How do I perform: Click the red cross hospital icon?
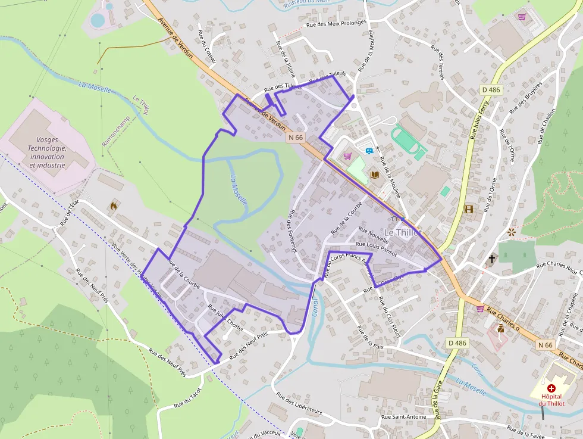(551, 388)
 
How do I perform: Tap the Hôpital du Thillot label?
(551, 399)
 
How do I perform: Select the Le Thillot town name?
(402, 232)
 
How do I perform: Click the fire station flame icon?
(113, 206)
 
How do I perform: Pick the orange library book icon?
(375, 175)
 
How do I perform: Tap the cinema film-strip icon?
(469, 209)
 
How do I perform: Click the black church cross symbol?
(492, 259)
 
